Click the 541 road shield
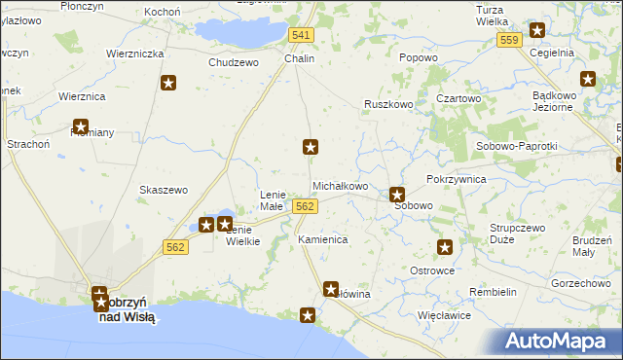301,35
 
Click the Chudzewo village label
234,62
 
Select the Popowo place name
418,57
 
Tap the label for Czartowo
458,98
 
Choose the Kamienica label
322,238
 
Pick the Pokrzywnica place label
456,180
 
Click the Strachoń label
27,145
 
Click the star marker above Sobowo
397,195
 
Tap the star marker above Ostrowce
445,248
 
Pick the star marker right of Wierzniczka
168,84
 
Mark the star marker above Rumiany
81,126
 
